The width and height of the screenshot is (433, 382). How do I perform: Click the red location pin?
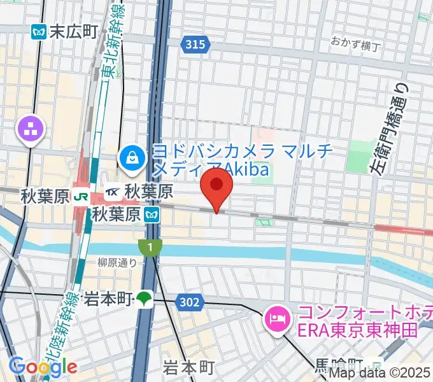(216, 185)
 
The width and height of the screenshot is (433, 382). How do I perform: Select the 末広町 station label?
(74, 31)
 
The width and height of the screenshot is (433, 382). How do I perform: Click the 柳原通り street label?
(117, 261)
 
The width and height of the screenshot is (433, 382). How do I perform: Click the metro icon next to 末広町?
(39, 31)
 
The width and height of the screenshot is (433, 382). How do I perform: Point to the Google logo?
(43, 366)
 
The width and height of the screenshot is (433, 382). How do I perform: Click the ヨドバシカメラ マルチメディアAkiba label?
(216, 160)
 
